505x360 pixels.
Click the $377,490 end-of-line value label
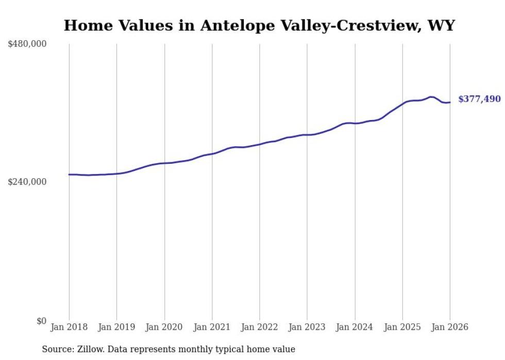tap(479, 99)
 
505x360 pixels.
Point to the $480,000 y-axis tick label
tap(27, 44)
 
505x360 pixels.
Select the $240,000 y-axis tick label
tap(27, 182)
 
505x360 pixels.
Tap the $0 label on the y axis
tap(41, 321)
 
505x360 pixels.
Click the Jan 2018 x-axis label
tap(69, 327)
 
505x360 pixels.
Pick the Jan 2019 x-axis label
tap(116, 327)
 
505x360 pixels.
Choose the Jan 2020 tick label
tap(164, 327)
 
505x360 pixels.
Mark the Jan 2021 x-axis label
tap(212, 327)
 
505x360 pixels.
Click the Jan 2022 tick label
tap(259, 327)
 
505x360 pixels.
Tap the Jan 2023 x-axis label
tap(307, 327)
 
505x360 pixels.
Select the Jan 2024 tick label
tap(355, 327)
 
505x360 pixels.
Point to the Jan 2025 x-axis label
tap(402, 327)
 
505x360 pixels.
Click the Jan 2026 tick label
tap(449, 327)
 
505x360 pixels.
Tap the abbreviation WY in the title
tap(442, 26)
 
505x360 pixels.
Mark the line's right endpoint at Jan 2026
tap(450, 102)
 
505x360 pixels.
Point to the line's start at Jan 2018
tap(69, 175)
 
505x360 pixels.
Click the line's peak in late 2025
tap(431, 97)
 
